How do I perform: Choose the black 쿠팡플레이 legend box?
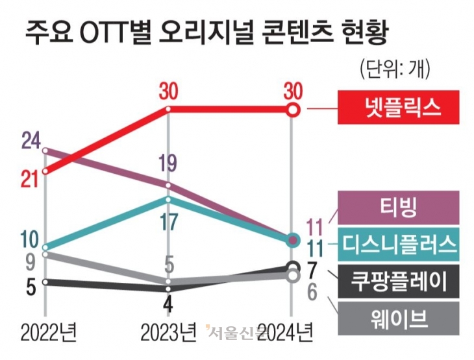pos(398,281)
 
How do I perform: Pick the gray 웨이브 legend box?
pos(398,318)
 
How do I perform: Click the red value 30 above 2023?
pos(168,92)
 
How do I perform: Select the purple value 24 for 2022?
pos(31,139)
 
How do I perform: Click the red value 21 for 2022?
pos(30,180)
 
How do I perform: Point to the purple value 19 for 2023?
pos(168,164)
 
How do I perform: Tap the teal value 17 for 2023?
pos(168,221)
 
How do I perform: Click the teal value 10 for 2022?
pos(30,239)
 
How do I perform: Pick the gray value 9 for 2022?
pos(29,263)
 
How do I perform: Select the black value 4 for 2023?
pos(168,303)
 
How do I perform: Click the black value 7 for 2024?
pos(311,268)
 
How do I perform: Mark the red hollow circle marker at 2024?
pos(293,110)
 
